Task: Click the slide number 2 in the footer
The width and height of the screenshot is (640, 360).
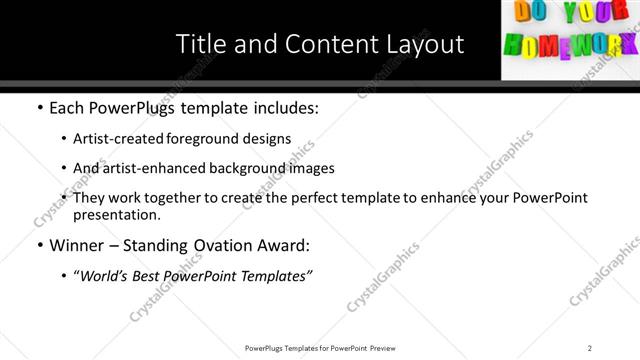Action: click(590, 347)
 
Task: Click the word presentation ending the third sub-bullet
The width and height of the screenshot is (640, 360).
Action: click(116, 214)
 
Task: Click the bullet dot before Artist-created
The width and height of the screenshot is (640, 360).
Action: click(65, 139)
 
